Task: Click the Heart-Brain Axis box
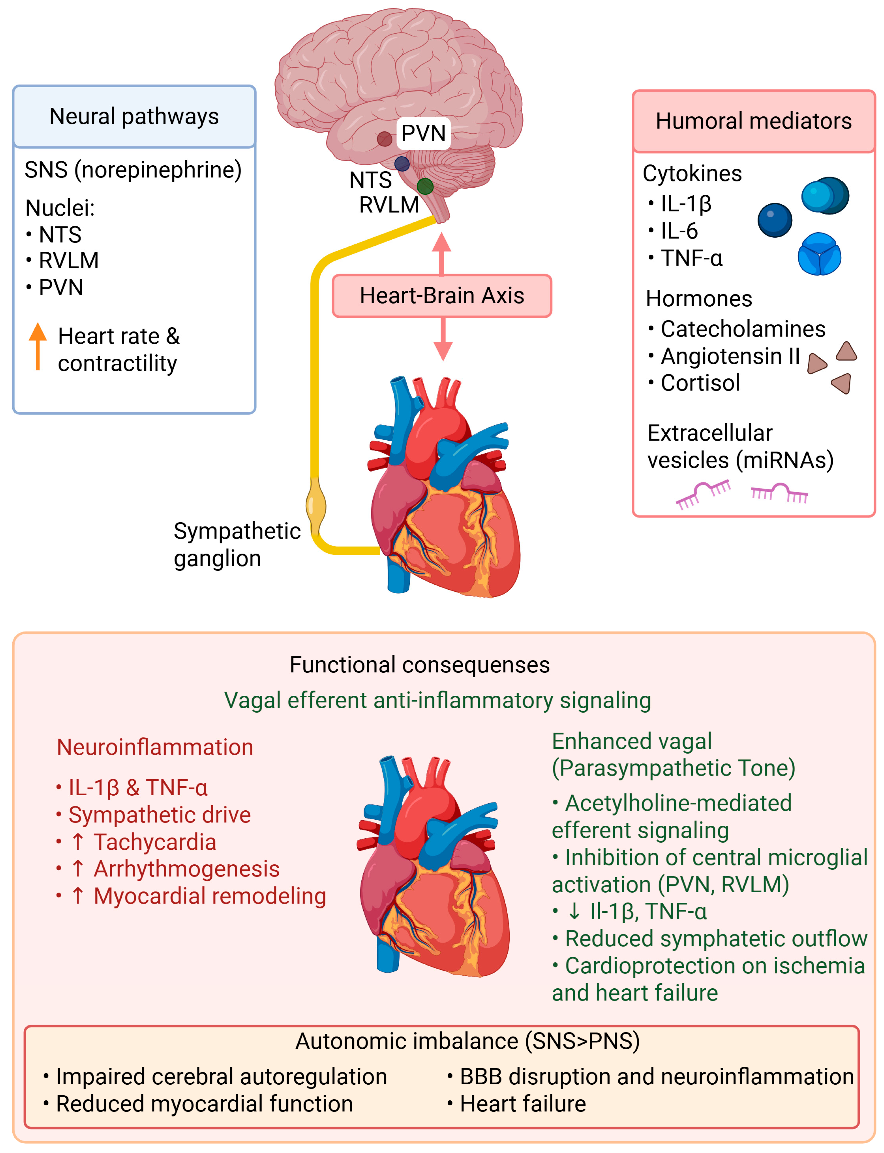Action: coord(442,296)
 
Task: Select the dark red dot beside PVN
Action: coord(385,139)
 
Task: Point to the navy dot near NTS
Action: coord(402,164)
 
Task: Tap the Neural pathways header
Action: coord(134,116)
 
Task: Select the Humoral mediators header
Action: coord(754,121)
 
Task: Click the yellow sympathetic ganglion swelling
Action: coord(316,505)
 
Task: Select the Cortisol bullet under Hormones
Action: coord(700,383)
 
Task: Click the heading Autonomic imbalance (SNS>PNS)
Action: coord(467,1041)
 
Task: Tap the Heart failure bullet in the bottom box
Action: coord(523,1104)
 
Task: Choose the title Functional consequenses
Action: coord(419,665)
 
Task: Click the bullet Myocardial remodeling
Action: coord(209,896)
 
